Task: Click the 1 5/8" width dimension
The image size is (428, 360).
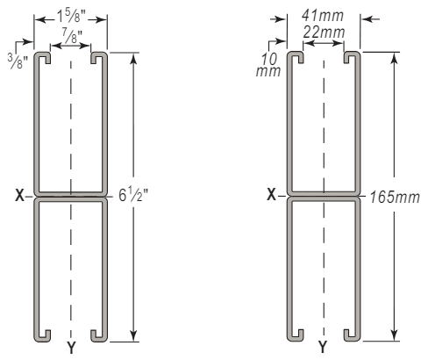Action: pos(71,16)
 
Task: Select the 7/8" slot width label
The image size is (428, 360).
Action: pos(71,36)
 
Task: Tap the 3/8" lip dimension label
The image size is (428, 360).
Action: pos(18,61)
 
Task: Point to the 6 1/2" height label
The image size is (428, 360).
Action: pos(133,195)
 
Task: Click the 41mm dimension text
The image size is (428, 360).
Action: pos(323,16)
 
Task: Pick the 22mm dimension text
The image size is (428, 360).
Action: pos(324,32)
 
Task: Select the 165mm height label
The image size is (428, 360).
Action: pos(395,197)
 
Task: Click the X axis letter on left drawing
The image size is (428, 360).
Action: pos(19,195)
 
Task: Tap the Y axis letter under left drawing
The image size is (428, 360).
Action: pos(71,348)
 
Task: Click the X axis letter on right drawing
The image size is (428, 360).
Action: pos(272,194)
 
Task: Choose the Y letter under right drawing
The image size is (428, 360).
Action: pos(323,348)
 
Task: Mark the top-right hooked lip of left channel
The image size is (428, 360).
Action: pos(98,56)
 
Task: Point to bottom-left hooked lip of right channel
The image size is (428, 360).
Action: pos(296,337)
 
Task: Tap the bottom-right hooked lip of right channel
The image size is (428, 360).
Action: pos(351,337)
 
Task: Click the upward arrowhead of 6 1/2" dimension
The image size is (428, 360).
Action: pos(133,60)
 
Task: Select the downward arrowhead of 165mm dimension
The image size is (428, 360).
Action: pos(395,335)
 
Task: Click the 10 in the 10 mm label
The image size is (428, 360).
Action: pos(268,59)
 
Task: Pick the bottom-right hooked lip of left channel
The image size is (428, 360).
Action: pos(98,337)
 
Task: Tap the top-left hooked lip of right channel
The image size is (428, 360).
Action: pos(296,55)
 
